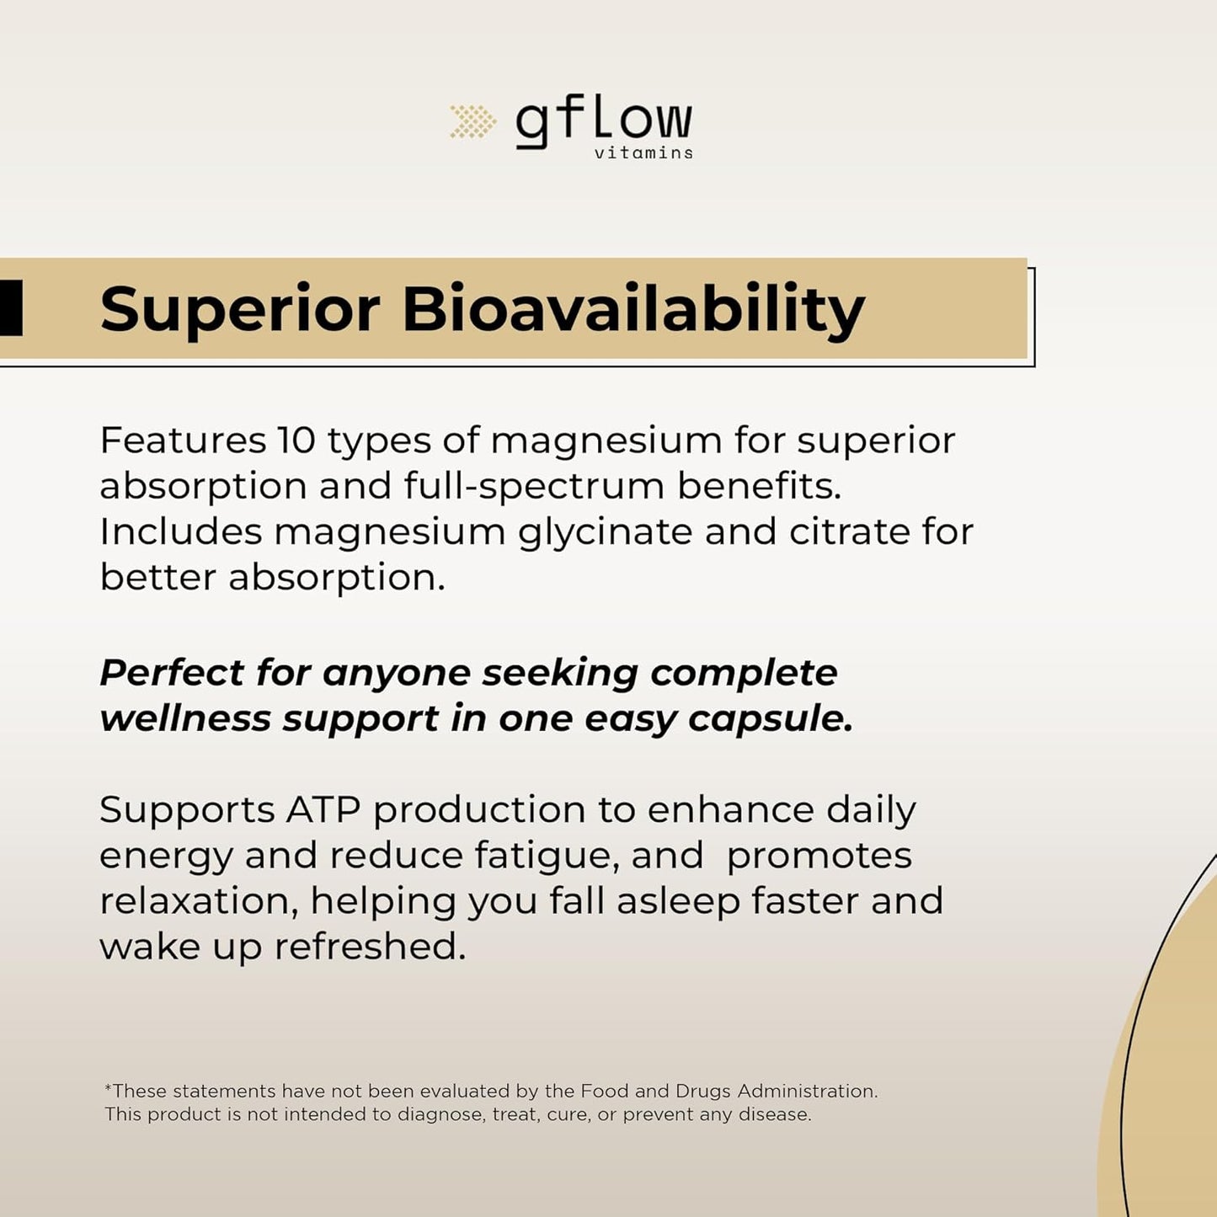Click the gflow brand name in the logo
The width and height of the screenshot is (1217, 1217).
[604, 124]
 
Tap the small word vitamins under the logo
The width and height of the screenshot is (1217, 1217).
[643, 152]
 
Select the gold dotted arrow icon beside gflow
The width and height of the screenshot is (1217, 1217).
[472, 122]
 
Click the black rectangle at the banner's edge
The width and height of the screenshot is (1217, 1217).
[11, 308]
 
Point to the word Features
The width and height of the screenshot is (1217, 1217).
[183, 440]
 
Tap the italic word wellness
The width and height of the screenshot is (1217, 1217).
[185, 718]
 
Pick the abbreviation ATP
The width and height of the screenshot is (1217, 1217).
[323, 809]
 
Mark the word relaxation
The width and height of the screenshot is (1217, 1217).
[200, 902]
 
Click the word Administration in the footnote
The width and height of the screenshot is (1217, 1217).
[808, 1091]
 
